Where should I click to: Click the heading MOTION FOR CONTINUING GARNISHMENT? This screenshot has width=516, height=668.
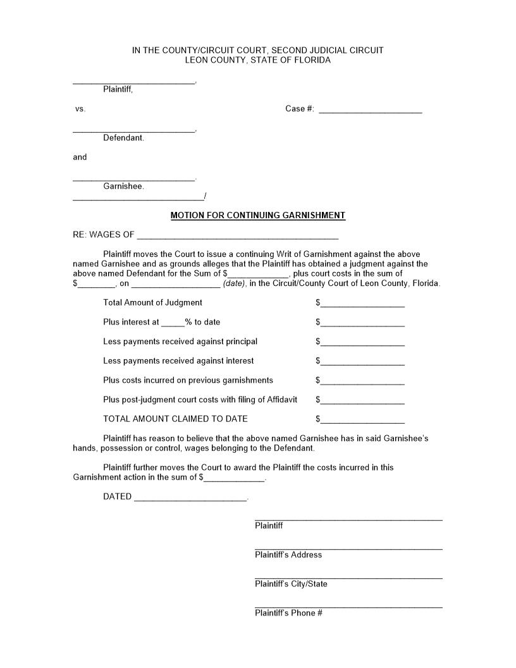click(x=258, y=216)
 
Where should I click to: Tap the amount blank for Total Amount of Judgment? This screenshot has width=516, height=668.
click(x=362, y=305)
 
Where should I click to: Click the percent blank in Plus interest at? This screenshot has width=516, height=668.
click(x=173, y=324)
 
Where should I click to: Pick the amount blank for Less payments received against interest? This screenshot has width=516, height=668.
click(x=362, y=363)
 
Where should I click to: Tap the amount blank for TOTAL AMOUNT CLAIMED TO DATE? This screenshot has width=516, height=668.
click(x=362, y=421)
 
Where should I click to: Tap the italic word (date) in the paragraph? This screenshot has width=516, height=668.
click(x=234, y=284)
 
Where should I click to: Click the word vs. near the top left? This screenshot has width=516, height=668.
click(x=80, y=109)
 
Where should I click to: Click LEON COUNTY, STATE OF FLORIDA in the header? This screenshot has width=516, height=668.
click(x=258, y=61)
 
